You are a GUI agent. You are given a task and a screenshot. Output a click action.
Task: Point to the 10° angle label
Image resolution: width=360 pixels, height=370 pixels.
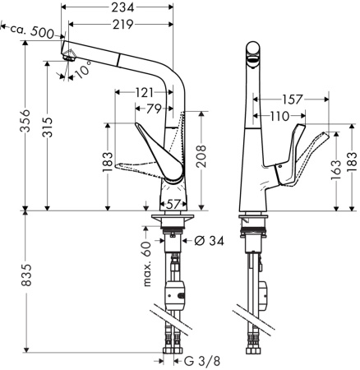coord(82,71)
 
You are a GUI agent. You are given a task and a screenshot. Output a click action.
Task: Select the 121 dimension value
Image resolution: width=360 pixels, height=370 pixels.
coord(144,92)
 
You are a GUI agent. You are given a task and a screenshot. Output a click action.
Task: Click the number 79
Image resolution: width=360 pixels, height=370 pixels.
coord(154,108)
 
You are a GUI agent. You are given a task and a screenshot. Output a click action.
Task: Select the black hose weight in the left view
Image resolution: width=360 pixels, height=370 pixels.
coord(174,292)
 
